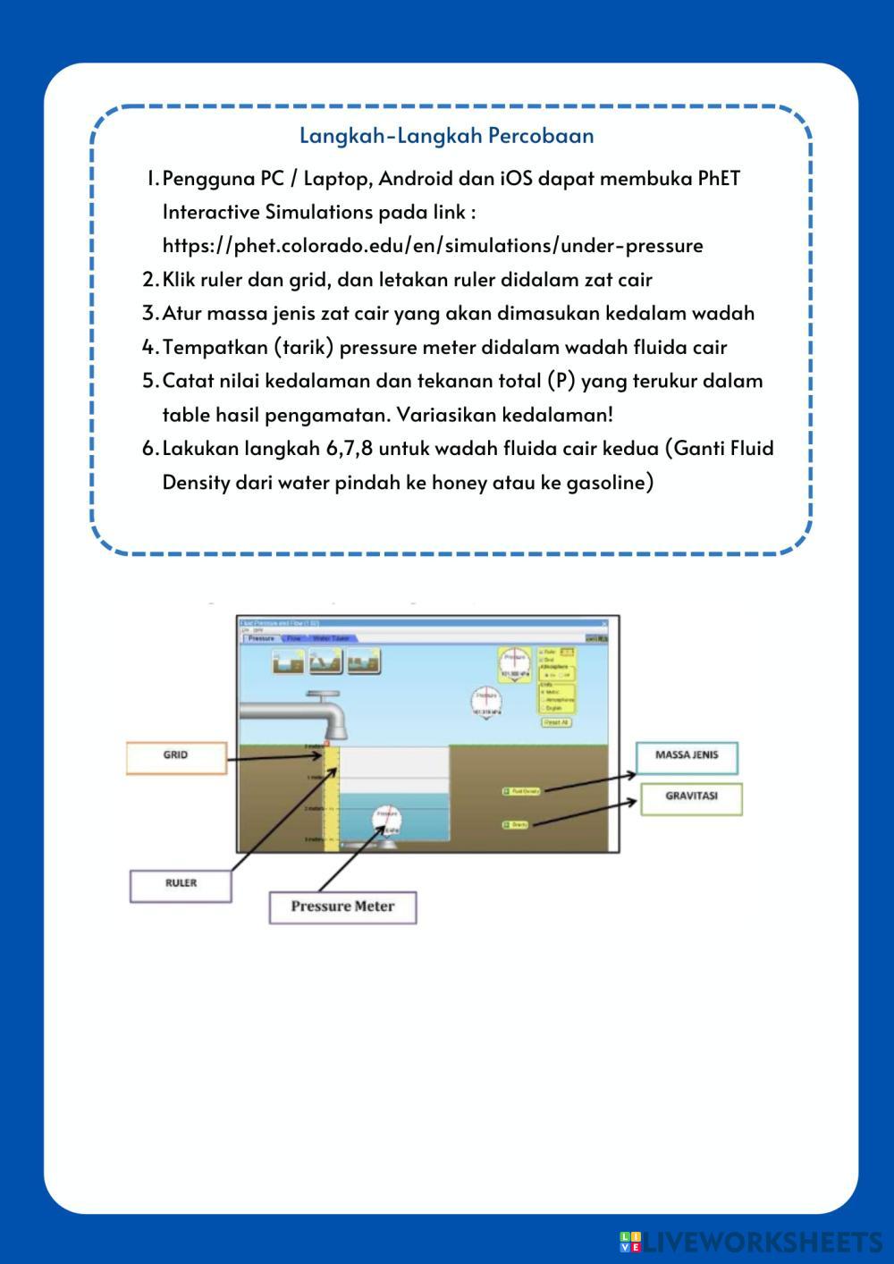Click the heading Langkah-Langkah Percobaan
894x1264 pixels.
[446, 136]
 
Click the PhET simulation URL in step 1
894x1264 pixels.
[433, 246]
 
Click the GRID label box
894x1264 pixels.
[176, 756]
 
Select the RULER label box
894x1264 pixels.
[181, 884]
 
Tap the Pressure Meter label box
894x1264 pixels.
[342, 906]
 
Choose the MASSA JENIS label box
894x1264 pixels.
[687, 755]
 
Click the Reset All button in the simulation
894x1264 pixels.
[556, 721]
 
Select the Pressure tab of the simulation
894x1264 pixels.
[261, 638]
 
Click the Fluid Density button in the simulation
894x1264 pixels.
[522, 791]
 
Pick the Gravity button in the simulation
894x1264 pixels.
[517, 824]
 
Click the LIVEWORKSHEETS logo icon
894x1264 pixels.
[630, 1242]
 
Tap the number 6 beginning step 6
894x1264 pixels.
[149, 449]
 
